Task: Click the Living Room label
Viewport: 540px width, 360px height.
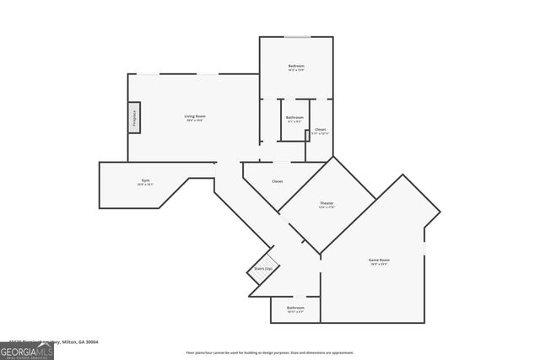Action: pyautogui.click(x=195, y=116)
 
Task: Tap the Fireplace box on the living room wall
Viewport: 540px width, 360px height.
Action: pyautogui.click(x=133, y=118)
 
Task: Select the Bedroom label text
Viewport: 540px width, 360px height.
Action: pyautogui.click(x=295, y=66)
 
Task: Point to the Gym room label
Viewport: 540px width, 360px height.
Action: pyautogui.click(x=144, y=180)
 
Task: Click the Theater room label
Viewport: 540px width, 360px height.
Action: pyautogui.click(x=327, y=203)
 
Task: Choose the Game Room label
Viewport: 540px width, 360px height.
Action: pyautogui.click(x=379, y=260)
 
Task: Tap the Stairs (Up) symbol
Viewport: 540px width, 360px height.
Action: pyautogui.click(x=262, y=269)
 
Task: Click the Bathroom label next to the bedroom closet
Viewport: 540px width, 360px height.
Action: pyautogui.click(x=294, y=117)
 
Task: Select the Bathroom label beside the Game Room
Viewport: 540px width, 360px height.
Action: pyautogui.click(x=295, y=308)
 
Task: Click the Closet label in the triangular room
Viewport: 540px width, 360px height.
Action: pyautogui.click(x=277, y=181)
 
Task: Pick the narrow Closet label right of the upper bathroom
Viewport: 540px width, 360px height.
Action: pyautogui.click(x=320, y=129)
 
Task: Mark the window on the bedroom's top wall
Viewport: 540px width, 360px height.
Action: pyautogui.click(x=296, y=37)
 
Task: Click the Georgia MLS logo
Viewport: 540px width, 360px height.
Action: pyautogui.click(x=27, y=347)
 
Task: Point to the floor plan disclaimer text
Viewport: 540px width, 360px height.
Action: pyautogui.click(x=270, y=352)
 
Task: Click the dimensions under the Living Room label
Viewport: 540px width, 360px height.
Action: pyautogui.click(x=195, y=121)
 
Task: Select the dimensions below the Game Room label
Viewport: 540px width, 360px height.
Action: pyautogui.click(x=379, y=265)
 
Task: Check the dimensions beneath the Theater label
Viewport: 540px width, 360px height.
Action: pyautogui.click(x=327, y=208)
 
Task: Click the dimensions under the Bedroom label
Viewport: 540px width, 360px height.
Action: pyautogui.click(x=295, y=71)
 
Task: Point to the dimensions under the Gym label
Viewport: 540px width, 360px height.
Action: pyautogui.click(x=144, y=185)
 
